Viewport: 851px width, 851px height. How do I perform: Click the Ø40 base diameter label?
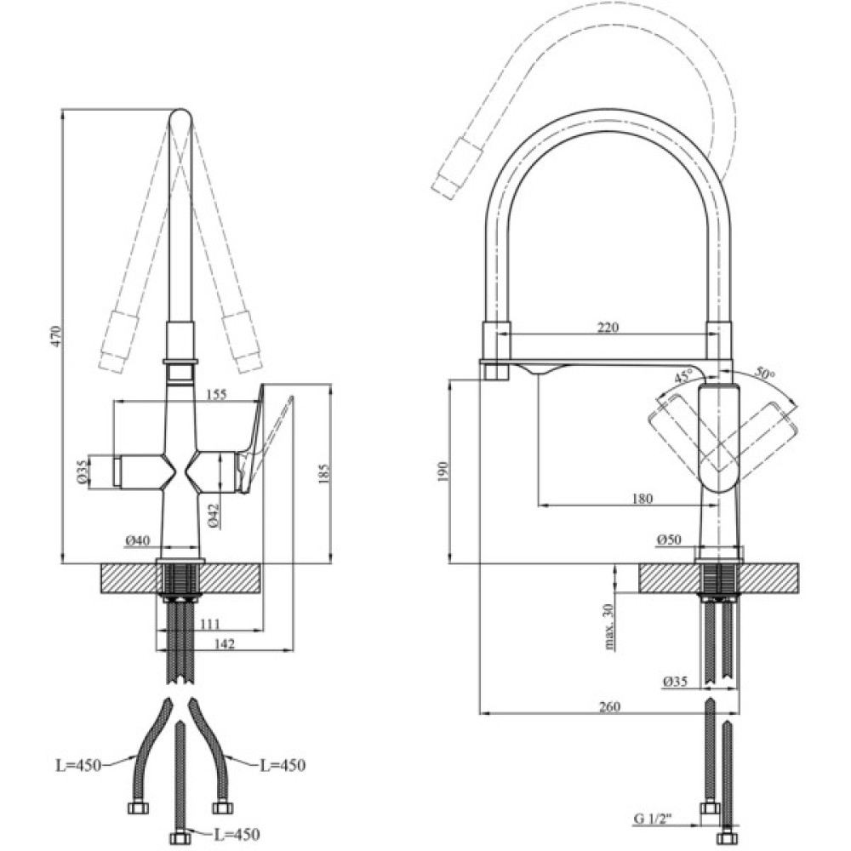point(136,540)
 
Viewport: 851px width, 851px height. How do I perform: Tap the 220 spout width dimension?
point(608,326)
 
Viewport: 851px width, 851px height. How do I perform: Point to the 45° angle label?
point(683,376)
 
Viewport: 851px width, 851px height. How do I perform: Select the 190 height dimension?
point(440,471)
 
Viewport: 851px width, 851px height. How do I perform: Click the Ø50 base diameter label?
point(670,540)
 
